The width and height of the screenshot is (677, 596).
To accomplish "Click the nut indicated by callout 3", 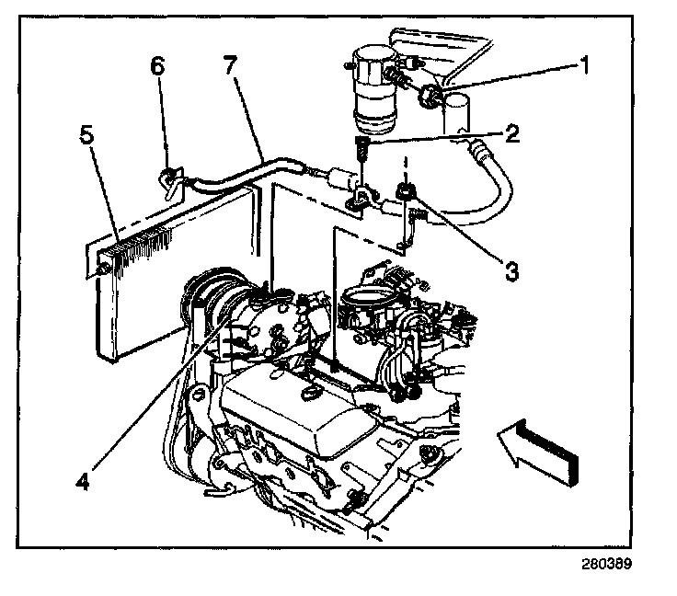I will click(x=404, y=192).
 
